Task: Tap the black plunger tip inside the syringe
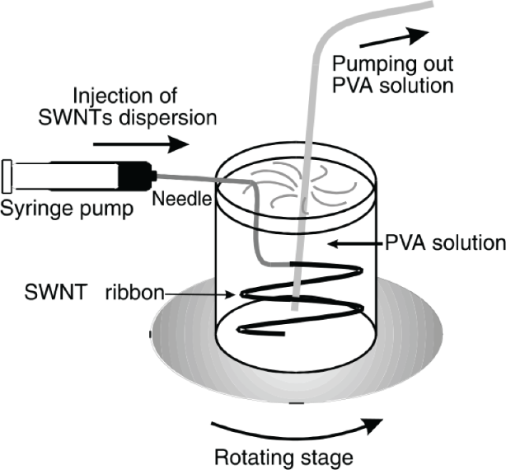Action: [132, 174]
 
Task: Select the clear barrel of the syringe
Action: [62, 174]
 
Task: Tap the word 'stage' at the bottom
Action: [322, 458]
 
